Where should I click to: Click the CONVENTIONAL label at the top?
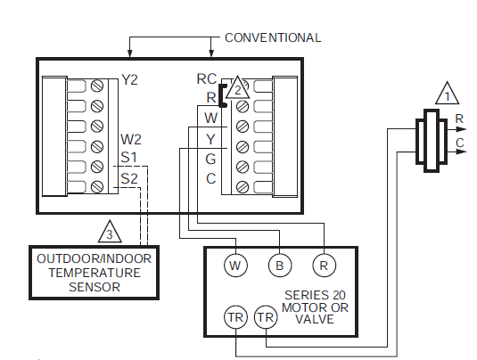[272, 37]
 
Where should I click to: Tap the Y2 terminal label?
[130, 80]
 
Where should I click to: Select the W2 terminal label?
[131, 140]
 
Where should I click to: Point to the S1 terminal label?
[129, 159]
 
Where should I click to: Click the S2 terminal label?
[129, 178]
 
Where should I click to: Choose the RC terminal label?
[206, 78]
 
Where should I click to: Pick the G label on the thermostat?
[210, 159]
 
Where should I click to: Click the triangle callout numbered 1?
[446, 93]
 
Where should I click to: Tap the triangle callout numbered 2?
[237, 89]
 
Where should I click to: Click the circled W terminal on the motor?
[235, 265]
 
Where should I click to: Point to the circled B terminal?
[279, 265]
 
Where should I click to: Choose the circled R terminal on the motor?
[323, 265]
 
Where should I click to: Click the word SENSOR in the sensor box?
[95, 288]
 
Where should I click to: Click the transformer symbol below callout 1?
[432, 139]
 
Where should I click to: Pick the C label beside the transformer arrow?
[458, 142]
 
